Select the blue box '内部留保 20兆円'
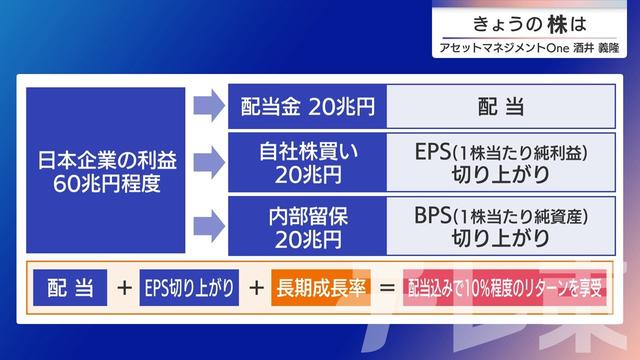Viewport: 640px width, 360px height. (306, 225)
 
